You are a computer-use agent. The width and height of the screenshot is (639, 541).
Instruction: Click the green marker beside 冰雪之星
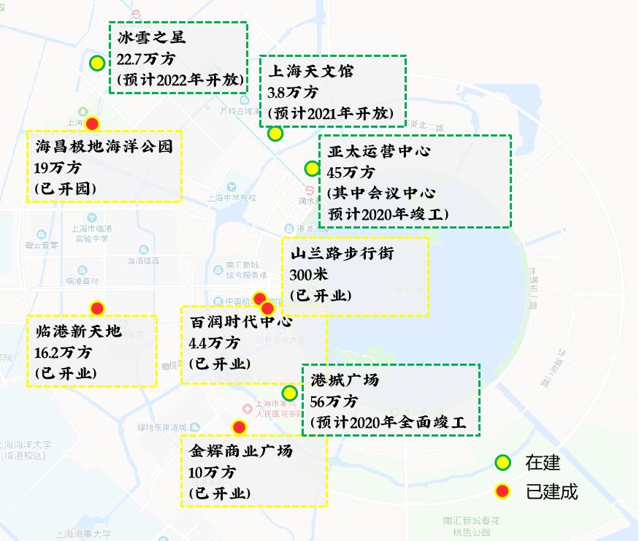(97, 64)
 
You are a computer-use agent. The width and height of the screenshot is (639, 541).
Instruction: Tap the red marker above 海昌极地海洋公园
(93, 123)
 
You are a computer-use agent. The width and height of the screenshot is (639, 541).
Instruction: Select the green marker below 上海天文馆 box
(275, 134)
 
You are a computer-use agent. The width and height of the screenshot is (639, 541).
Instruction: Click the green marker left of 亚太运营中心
(312, 168)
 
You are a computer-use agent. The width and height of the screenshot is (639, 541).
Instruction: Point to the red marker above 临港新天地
(97, 307)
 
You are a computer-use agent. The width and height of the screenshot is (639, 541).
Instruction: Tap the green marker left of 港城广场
(290, 393)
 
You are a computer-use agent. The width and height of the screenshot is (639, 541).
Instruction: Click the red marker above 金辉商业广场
(239, 426)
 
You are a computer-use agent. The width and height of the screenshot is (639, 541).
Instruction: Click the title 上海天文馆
(310, 72)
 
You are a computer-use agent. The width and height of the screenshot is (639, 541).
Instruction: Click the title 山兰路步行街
(342, 254)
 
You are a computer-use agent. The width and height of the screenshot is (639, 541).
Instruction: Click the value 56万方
(334, 402)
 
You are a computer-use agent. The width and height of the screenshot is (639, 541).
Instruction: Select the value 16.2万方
(64, 353)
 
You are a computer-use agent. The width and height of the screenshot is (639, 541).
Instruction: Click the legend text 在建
(542, 462)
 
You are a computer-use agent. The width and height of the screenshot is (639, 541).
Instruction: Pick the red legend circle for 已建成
(502, 491)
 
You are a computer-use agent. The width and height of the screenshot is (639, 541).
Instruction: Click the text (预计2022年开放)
(179, 80)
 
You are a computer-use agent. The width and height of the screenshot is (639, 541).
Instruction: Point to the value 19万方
(58, 168)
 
